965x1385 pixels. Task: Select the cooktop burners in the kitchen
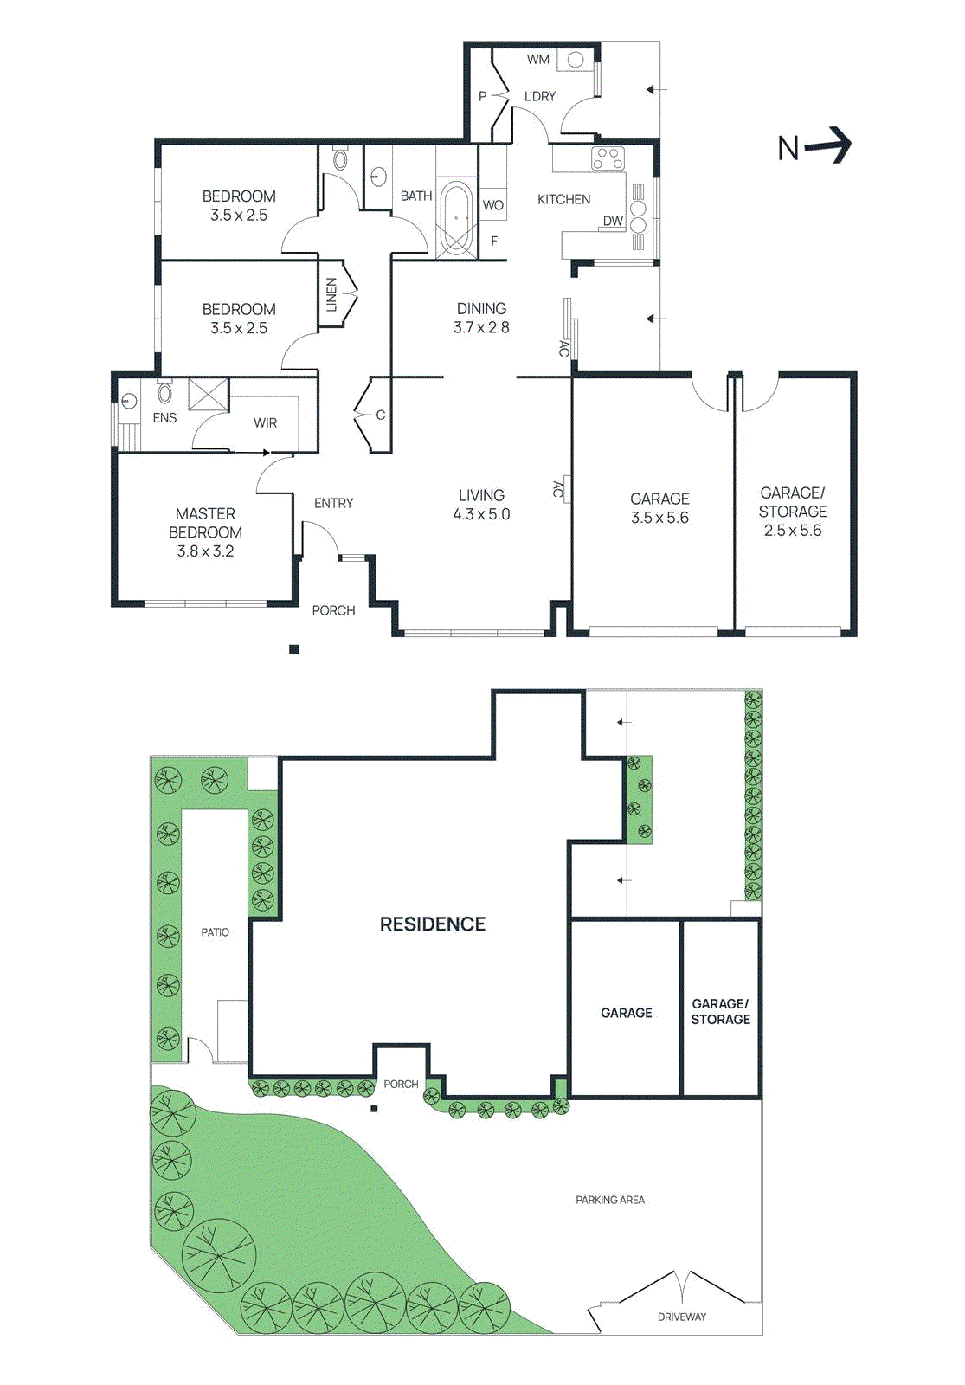(x=608, y=158)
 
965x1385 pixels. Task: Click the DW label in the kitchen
(x=613, y=221)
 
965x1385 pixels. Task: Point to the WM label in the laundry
(x=538, y=60)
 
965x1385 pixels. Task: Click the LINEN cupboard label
(x=331, y=294)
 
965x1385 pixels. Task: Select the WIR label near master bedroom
(x=266, y=422)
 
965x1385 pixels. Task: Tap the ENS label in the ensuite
(x=164, y=418)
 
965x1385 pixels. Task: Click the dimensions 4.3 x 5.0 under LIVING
(x=481, y=514)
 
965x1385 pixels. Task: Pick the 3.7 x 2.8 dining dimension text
(x=481, y=327)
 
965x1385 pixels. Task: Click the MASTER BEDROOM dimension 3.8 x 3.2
(x=205, y=551)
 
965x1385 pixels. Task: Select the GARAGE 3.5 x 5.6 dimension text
(x=659, y=518)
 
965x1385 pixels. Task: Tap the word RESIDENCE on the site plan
(x=433, y=924)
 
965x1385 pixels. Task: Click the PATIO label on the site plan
(x=216, y=932)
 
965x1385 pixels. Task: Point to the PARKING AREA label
(x=610, y=1200)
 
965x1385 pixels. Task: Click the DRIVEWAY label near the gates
(x=682, y=1317)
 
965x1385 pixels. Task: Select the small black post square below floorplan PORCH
(x=294, y=649)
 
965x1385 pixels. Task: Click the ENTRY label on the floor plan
(x=333, y=503)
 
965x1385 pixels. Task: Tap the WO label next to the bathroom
(x=492, y=205)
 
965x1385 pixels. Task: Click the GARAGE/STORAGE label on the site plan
(x=720, y=1011)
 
